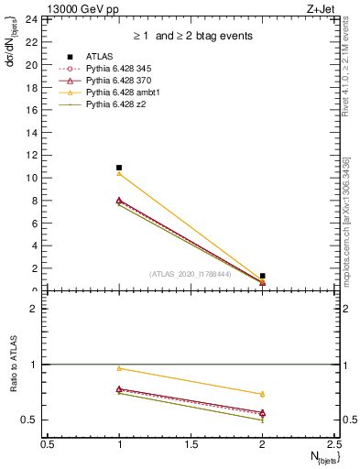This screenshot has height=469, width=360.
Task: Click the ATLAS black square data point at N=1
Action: point(119,168)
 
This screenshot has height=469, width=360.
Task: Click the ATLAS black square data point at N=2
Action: point(263,276)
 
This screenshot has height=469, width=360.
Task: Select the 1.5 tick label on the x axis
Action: point(191,444)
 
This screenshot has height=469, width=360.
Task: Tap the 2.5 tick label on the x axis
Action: point(334,444)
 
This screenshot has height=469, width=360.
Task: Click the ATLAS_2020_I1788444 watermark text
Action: point(190,273)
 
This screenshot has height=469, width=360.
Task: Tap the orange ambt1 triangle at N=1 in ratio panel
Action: point(119,368)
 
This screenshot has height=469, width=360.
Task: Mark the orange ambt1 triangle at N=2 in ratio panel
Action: point(263,394)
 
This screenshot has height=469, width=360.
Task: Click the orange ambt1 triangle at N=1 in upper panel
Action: point(119,173)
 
